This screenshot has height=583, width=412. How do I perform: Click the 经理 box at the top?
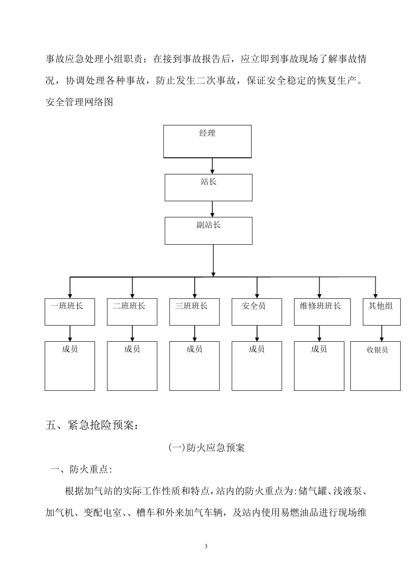(207, 141)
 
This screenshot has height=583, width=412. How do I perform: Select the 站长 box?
(208, 187)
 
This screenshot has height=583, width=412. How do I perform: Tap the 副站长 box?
(208, 230)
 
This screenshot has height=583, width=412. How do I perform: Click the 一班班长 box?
(69, 311)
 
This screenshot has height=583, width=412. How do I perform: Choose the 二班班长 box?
(132, 311)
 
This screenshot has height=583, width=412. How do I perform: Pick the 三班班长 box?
(194, 311)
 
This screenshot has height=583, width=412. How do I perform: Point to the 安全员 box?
(257, 311)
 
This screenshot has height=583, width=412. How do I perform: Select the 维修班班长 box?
(322, 311)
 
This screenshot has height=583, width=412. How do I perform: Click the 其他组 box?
(381, 311)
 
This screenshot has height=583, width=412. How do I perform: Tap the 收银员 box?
(375, 366)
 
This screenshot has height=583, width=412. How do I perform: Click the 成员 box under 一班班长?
(69, 366)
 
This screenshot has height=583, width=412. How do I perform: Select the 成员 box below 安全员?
(257, 366)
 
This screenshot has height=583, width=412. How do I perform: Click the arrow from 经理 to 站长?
(212, 166)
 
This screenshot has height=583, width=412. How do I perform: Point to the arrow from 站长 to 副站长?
(212, 209)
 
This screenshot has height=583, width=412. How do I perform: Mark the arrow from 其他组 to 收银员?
(382, 333)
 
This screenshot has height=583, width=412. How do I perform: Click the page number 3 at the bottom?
(206, 546)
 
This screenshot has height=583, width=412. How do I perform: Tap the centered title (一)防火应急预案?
(206, 448)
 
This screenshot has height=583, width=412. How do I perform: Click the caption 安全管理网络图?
(79, 102)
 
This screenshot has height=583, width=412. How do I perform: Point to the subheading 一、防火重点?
(82, 469)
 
